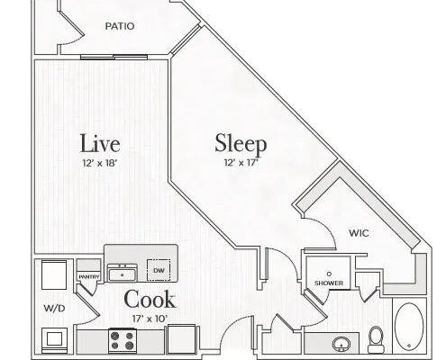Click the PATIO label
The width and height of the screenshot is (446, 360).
coord(120,26)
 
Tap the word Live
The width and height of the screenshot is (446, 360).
coord(100,143)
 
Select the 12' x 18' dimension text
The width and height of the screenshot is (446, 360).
coord(99,163)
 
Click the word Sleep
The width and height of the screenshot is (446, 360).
coord(241,145)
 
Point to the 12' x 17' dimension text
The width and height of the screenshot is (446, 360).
coord(241,163)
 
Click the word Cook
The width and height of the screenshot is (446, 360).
coord(150,300)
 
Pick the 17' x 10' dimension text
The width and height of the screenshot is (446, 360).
coord(150,319)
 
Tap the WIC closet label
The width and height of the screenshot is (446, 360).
coord(359,233)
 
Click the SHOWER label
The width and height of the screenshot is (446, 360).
coord(329,283)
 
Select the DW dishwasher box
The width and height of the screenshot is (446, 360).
coord(159,270)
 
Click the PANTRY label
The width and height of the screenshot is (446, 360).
coord(89,276)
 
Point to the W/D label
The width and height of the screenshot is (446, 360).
coord(54,308)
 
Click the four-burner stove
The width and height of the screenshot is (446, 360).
coord(123,340)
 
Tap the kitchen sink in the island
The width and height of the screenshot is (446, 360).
coord(123,273)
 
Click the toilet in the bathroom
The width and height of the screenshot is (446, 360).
coord(377,339)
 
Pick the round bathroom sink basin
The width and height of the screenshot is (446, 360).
coord(341,344)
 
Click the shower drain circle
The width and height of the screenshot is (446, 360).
coord(329,274)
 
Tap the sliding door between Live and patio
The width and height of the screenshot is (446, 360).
coord(114,57)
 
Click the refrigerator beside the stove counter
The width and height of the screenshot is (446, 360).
coord(182,339)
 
